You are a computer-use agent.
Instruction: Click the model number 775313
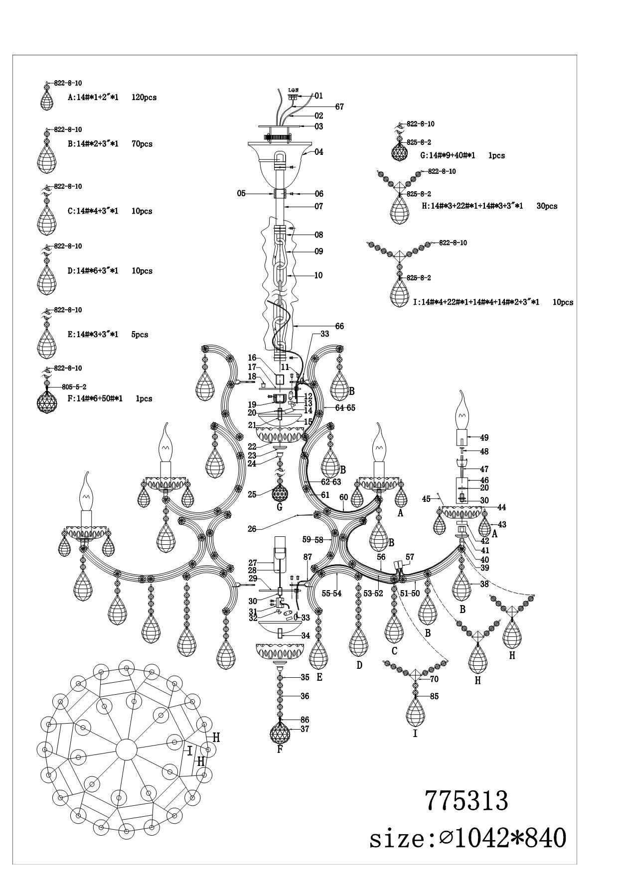tap(466, 801)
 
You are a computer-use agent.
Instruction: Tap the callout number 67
tap(339, 107)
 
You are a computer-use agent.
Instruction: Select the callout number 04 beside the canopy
tap(318, 152)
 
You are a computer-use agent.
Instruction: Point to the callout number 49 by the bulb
tap(484, 438)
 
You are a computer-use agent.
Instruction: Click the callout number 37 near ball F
tap(305, 729)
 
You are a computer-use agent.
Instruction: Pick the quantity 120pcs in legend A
tap(144, 98)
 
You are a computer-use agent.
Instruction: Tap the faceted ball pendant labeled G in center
tap(280, 493)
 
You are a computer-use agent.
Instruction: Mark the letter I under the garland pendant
tap(415, 733)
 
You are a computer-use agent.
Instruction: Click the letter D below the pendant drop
tap(359, 665)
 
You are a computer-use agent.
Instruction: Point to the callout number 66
tap(339, 326)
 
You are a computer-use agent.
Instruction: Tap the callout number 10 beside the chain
tap(318, 275)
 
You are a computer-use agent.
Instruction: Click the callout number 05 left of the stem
tap(241, 193)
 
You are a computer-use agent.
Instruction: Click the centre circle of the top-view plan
tap(126, 749)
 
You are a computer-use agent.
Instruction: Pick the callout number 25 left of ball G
tap(252, 495)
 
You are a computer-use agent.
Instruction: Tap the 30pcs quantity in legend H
tap(547, 206)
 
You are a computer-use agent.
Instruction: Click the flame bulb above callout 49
tap(462, 411)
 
